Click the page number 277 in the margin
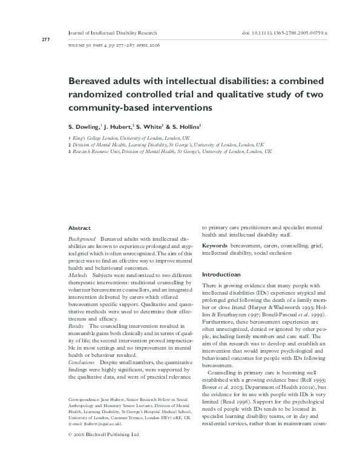pos(28,40)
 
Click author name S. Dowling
pos(84,128)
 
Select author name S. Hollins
pos(186,128)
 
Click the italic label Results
pos(77,326)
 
